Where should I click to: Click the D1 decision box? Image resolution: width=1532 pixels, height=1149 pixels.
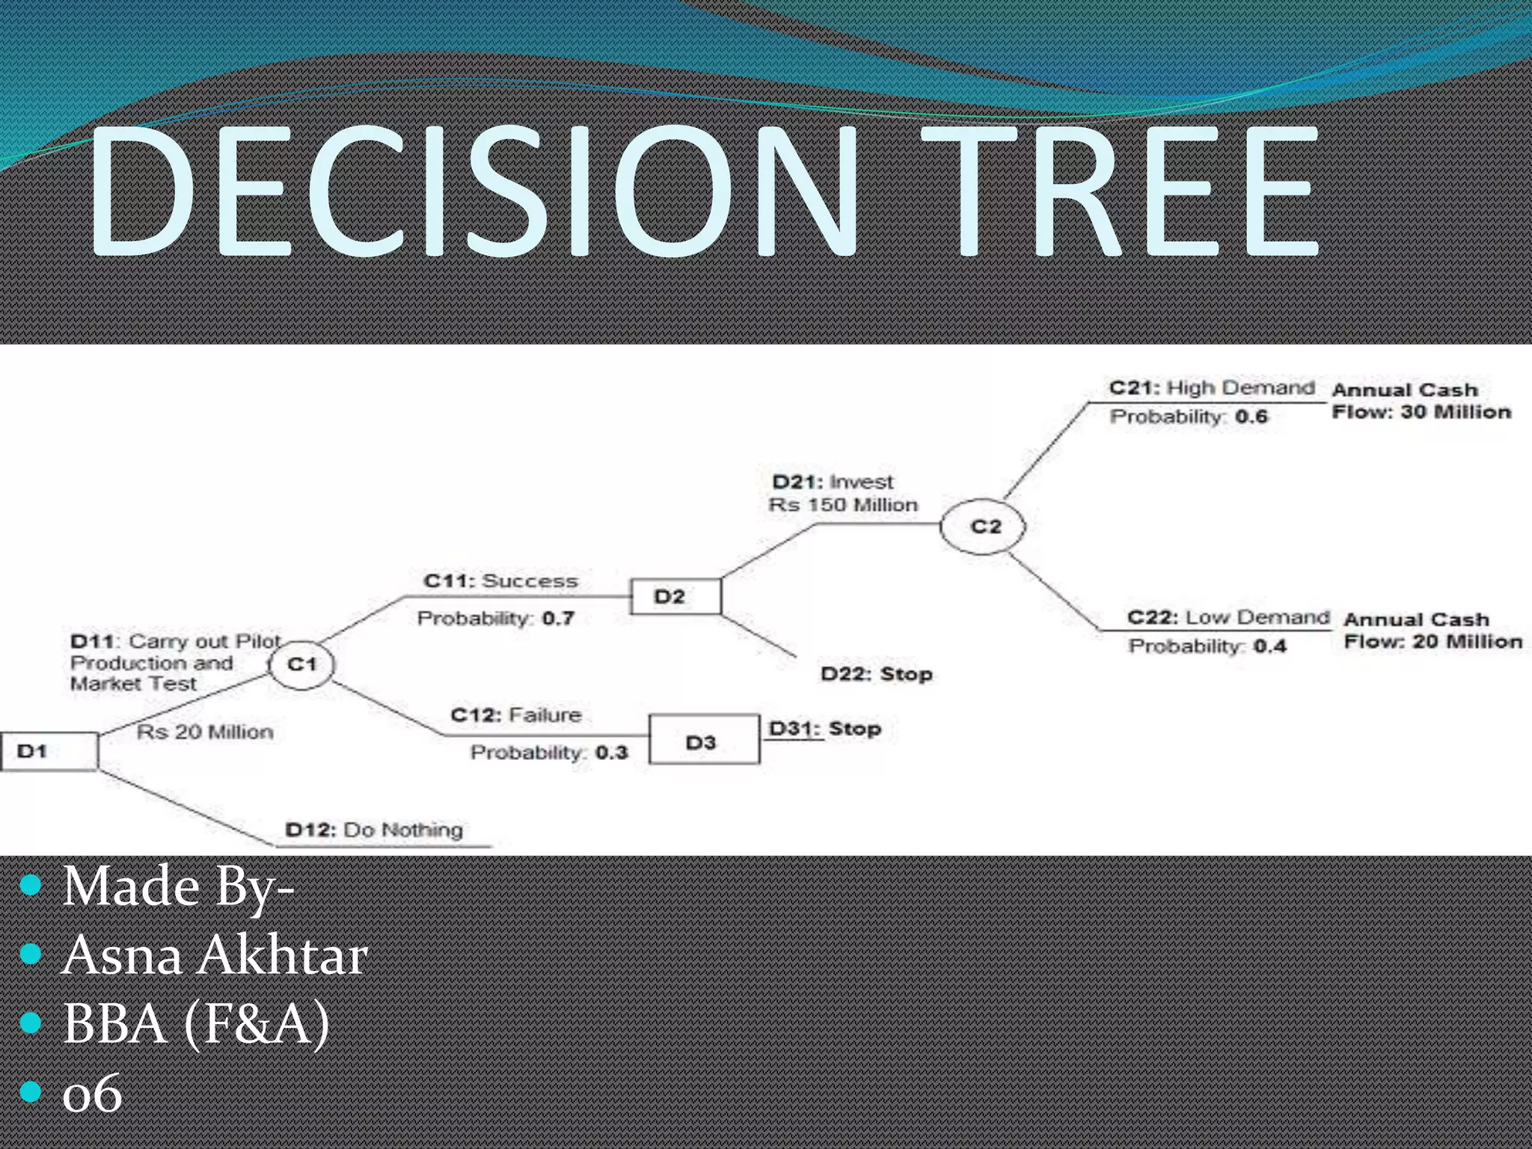(49, 751)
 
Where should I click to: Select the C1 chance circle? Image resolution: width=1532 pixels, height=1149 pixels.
(301, 664)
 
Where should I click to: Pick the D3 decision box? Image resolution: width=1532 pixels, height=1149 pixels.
(704, 740)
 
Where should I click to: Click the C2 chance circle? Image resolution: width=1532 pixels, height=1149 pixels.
(983, 527)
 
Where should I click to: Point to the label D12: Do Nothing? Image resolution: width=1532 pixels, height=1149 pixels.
(374, 830)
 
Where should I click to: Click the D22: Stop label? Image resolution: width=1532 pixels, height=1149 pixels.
(876, 674)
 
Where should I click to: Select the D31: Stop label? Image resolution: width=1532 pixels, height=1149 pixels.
(825, 729)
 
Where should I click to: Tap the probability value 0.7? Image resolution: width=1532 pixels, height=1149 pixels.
(558, 619)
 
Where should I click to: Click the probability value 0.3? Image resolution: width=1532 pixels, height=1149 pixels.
(611, 753)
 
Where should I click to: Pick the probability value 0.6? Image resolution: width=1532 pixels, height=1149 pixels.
(1251, 417)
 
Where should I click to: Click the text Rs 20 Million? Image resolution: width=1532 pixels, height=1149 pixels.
(205, 732)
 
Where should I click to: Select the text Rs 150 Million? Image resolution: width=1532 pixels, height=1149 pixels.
(843, 505)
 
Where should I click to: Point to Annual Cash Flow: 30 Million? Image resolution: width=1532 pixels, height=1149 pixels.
(1421, 401)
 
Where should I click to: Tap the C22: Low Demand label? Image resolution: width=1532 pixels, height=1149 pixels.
(1228, 618)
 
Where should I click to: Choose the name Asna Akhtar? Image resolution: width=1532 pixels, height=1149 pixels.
(215, 955)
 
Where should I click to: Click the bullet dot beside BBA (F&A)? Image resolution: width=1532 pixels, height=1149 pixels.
(31, 1023)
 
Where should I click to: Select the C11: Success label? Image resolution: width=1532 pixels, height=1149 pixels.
(500, 581)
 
